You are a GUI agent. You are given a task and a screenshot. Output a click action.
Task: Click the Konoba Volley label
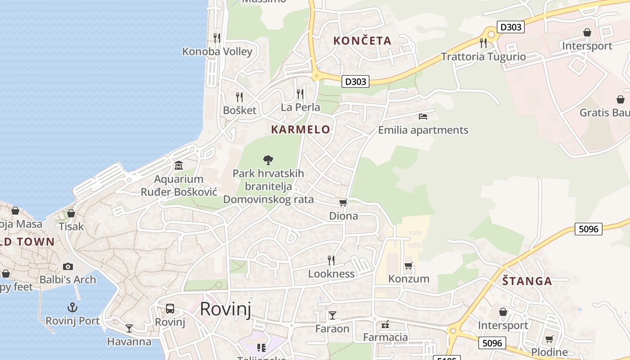click(x=217, y=51)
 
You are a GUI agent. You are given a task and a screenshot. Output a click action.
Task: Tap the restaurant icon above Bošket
click(x=239, y=97)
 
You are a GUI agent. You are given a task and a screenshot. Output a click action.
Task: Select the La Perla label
click(x=300, y=107)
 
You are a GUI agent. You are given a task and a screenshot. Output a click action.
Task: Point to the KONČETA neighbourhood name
click(x=362, y=40)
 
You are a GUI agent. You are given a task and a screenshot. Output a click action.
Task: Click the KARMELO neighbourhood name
click(x=301, y=130)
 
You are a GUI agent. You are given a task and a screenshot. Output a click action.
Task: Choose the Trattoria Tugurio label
click(x=483, y=57)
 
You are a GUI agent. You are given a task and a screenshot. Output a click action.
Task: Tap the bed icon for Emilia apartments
click(x=423, y=117)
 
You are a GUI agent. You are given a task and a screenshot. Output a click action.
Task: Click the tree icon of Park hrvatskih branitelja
click(x=268, y=160)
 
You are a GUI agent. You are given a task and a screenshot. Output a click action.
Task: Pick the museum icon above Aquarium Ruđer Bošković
click(x=179, y=166)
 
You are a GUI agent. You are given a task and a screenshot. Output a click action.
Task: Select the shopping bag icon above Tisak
click(x=71, y=213)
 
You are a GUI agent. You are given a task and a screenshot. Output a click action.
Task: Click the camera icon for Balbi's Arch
click(x=68, y=266)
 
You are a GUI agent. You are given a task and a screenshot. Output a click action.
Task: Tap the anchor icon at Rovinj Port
click(x=72, y=308)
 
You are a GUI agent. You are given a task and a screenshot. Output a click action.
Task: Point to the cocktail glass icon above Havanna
click(x=129, y=328)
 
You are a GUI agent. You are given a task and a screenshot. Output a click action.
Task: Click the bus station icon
click(x=170, y=309)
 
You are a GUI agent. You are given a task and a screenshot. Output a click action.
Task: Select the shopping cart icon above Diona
click(x=343, y=203)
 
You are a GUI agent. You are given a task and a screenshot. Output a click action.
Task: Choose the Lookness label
click(x=331, y=274)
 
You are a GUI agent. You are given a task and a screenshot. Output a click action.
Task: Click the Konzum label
click(x=409, y=279)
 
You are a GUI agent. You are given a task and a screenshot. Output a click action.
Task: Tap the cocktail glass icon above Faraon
click(x=332, y=315)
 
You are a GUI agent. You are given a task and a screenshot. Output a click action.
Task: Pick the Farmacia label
click(x=385, y=337)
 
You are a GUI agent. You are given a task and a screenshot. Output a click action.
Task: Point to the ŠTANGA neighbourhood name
click(x=527, y=281)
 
